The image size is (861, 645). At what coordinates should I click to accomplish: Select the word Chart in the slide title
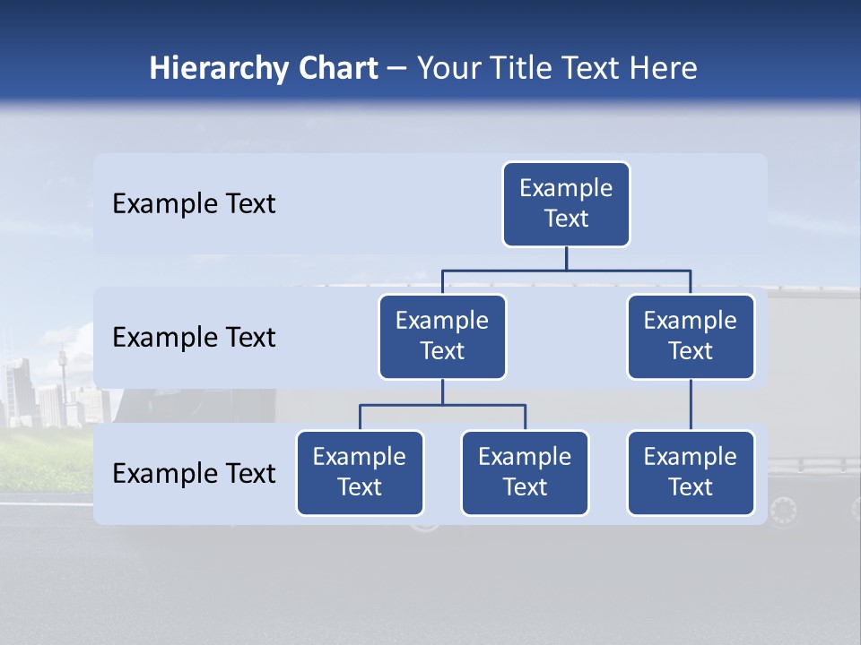point(335,69)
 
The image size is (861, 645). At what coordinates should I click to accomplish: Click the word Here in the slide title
point(663,69)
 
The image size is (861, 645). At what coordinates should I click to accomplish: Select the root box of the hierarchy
point(566,204)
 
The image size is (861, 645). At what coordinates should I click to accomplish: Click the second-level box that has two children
point(442,337)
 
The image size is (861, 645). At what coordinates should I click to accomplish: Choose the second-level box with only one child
point(691,337)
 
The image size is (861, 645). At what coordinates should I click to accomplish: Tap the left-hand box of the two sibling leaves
point(360,473)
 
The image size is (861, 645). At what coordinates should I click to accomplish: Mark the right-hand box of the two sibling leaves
point(525,473)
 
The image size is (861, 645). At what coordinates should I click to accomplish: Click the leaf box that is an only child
point(691,473)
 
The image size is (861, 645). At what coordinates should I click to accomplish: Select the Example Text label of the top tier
point(194,204)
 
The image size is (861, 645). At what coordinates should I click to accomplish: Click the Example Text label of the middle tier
point(194,338)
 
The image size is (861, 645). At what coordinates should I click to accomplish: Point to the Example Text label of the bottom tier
point(194,474)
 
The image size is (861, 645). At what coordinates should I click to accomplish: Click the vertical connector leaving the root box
point(566,258)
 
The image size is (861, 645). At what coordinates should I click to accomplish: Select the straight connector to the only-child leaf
point(691,405)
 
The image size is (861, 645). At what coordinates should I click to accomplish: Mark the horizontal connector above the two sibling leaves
point(442,405)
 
